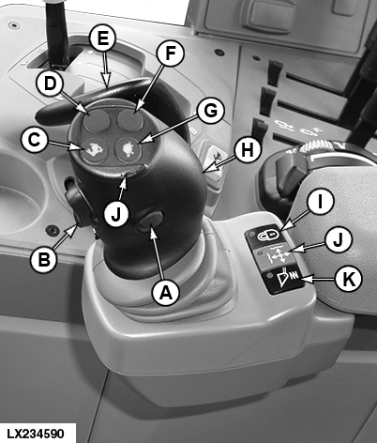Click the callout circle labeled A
click(x=165, y=293)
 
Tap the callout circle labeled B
click(x=44, y=259)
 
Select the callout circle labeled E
click(x=102, y=39)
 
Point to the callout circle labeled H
click(x=248, y=151)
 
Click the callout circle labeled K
click(x=348, y=278)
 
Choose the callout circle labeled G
click(x=211, y=111)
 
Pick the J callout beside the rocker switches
click(x=339, y=240)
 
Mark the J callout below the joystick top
click(x=116, y=214)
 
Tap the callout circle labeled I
click(x=320, y=202)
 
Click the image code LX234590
click(x=36, y=434)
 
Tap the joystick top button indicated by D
click(x=96, y=121)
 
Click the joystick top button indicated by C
click(x=95, y=150)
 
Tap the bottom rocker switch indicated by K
click(x=286, y=280)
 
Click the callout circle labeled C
click(x=35, y=140)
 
